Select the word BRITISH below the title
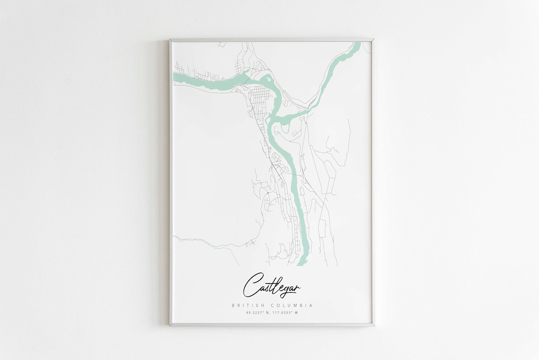point(248,305)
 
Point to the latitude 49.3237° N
point(259,313)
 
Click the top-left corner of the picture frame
point(170,39)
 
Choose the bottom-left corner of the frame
point(170,326)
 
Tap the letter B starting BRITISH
point(233,305)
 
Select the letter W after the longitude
point(296,313)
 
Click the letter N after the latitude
point(268,313)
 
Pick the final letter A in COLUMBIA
point(311,305)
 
